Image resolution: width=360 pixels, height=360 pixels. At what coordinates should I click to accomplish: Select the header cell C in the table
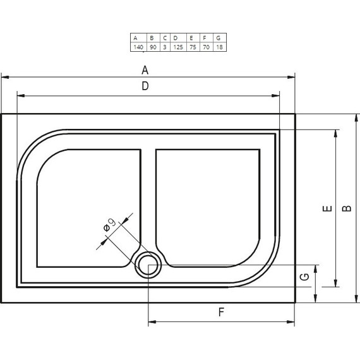click(165, 37)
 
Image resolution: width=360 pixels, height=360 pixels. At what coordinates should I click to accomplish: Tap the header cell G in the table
click(219, 37)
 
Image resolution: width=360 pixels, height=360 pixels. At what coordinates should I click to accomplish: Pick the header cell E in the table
click(192, 37)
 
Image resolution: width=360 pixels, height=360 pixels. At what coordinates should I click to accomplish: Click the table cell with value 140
click(137, 47)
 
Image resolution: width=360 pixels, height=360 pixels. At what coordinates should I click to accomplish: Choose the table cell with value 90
click(152, 47)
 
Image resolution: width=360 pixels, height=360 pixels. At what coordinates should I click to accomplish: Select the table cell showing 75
click(192, 47)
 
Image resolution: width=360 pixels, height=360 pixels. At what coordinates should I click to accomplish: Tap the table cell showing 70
click(205, 47)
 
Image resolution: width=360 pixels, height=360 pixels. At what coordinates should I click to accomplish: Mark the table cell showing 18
click(219, 47)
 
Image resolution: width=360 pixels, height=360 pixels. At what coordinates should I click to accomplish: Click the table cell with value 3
click(165, 47)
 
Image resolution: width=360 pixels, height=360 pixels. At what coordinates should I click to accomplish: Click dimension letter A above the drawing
click(145, 69)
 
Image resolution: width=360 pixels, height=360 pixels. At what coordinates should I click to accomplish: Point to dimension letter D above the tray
click(145, 87)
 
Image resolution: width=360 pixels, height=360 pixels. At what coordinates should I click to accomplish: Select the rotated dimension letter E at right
click(325, 208)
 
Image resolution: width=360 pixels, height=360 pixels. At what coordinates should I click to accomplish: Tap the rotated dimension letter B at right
click(346, 208)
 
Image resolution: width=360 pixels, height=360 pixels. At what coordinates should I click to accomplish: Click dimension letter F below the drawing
click(221, 311)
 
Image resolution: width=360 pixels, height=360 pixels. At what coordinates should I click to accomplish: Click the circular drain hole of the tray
click(148, 265)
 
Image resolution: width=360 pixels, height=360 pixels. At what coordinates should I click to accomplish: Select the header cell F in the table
click(205, 37)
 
